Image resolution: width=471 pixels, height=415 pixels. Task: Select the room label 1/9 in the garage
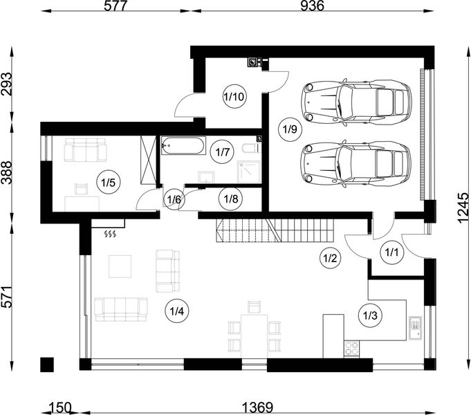click(289, 128)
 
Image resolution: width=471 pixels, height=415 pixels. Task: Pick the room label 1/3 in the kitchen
click(370, 315)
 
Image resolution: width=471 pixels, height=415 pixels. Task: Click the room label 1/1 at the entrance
click(391, 252)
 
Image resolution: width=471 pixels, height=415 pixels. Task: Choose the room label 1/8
click(230, 199)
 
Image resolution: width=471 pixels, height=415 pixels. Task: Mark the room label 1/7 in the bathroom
click(222, 151)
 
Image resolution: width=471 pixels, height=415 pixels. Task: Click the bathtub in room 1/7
click(183, 146)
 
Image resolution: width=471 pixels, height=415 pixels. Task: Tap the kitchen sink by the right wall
click(415, 326)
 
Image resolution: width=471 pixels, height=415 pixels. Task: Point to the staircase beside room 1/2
click(277, 229)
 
